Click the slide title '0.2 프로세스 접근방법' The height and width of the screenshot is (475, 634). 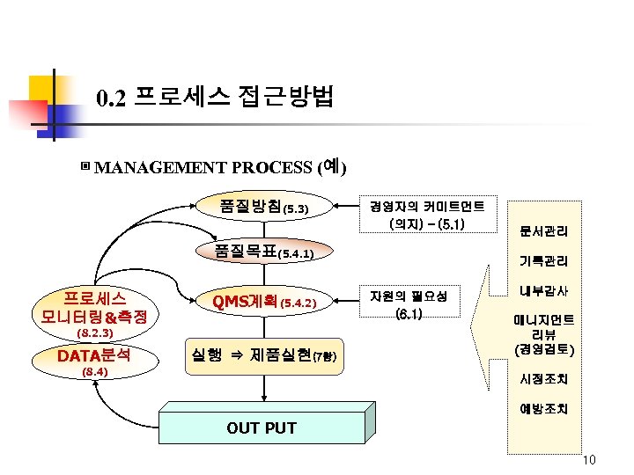click(215, 96)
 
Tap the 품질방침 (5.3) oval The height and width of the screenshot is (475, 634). click(263, 208)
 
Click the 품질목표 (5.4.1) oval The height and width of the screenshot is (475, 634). click(264, 252)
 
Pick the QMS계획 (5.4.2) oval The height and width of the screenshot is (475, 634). click(264, 302)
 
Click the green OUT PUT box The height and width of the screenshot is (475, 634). click(262, 428)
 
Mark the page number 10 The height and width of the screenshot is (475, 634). click(589, 461)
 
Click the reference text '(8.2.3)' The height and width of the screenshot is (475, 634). click(93, 334)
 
